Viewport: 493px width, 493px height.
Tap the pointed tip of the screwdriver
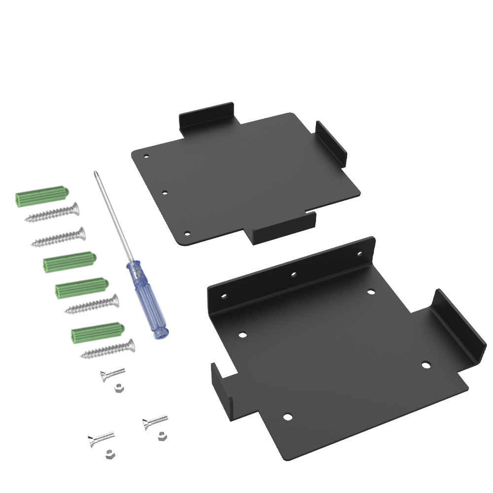(x=94, y=172)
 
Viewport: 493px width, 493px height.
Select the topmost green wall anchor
(x=42, y=197)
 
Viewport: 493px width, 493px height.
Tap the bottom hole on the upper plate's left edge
(x=186, y=233)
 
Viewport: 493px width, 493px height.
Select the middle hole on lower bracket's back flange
(x=293, y=274)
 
